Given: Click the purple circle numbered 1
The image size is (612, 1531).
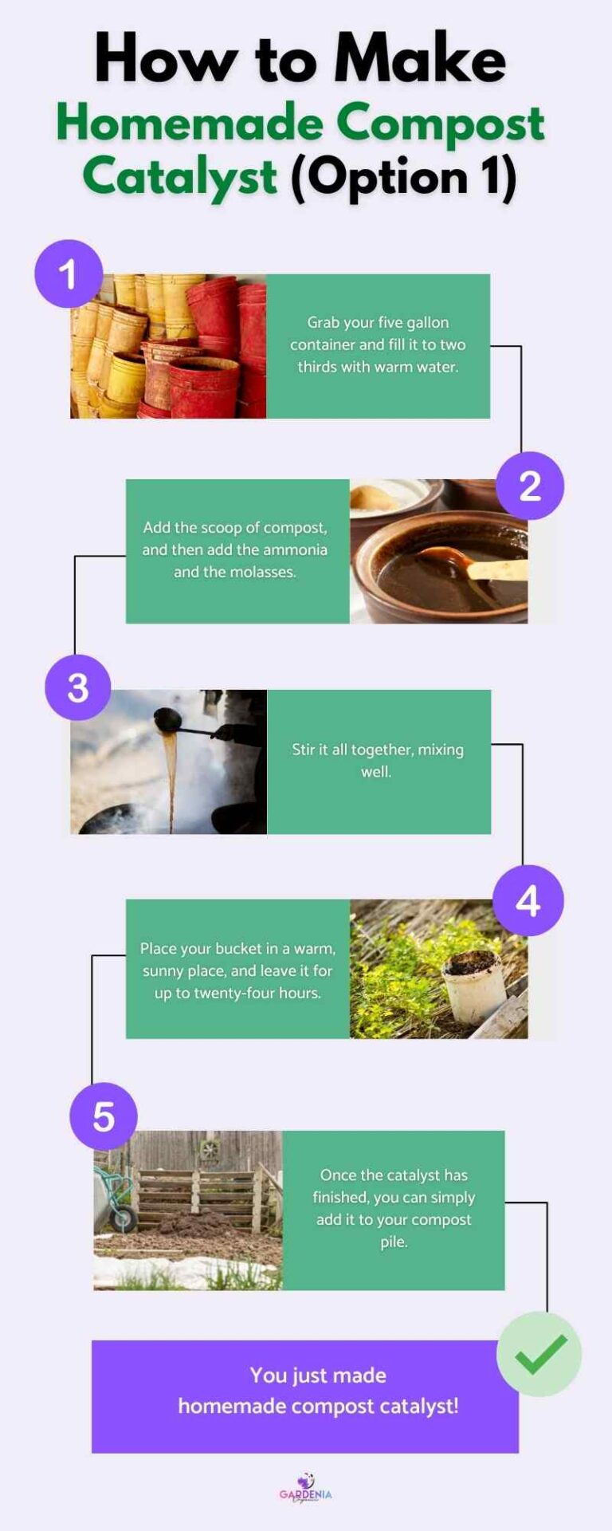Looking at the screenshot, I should point(69,274).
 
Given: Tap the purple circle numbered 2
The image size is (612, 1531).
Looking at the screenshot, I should point(530,486).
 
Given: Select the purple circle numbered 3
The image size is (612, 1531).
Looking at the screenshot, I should point(77,687).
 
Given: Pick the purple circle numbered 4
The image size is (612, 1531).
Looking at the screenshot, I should point(528,901).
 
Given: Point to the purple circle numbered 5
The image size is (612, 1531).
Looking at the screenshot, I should point(104,1116).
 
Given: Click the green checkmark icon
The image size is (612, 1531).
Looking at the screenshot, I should point(539,1353).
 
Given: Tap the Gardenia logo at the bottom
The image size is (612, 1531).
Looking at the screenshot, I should point(305,1489).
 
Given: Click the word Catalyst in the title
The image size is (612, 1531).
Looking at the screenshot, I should point(180,177).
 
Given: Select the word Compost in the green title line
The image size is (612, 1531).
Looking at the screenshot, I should point(440,124).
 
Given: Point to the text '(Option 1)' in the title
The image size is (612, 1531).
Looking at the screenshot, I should point(403,177).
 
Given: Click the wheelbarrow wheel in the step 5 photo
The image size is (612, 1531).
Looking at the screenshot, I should point(124,1218).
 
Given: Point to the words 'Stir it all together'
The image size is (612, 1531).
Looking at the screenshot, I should point(343,750).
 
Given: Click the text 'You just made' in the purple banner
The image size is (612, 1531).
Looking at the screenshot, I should point(318,1375).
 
